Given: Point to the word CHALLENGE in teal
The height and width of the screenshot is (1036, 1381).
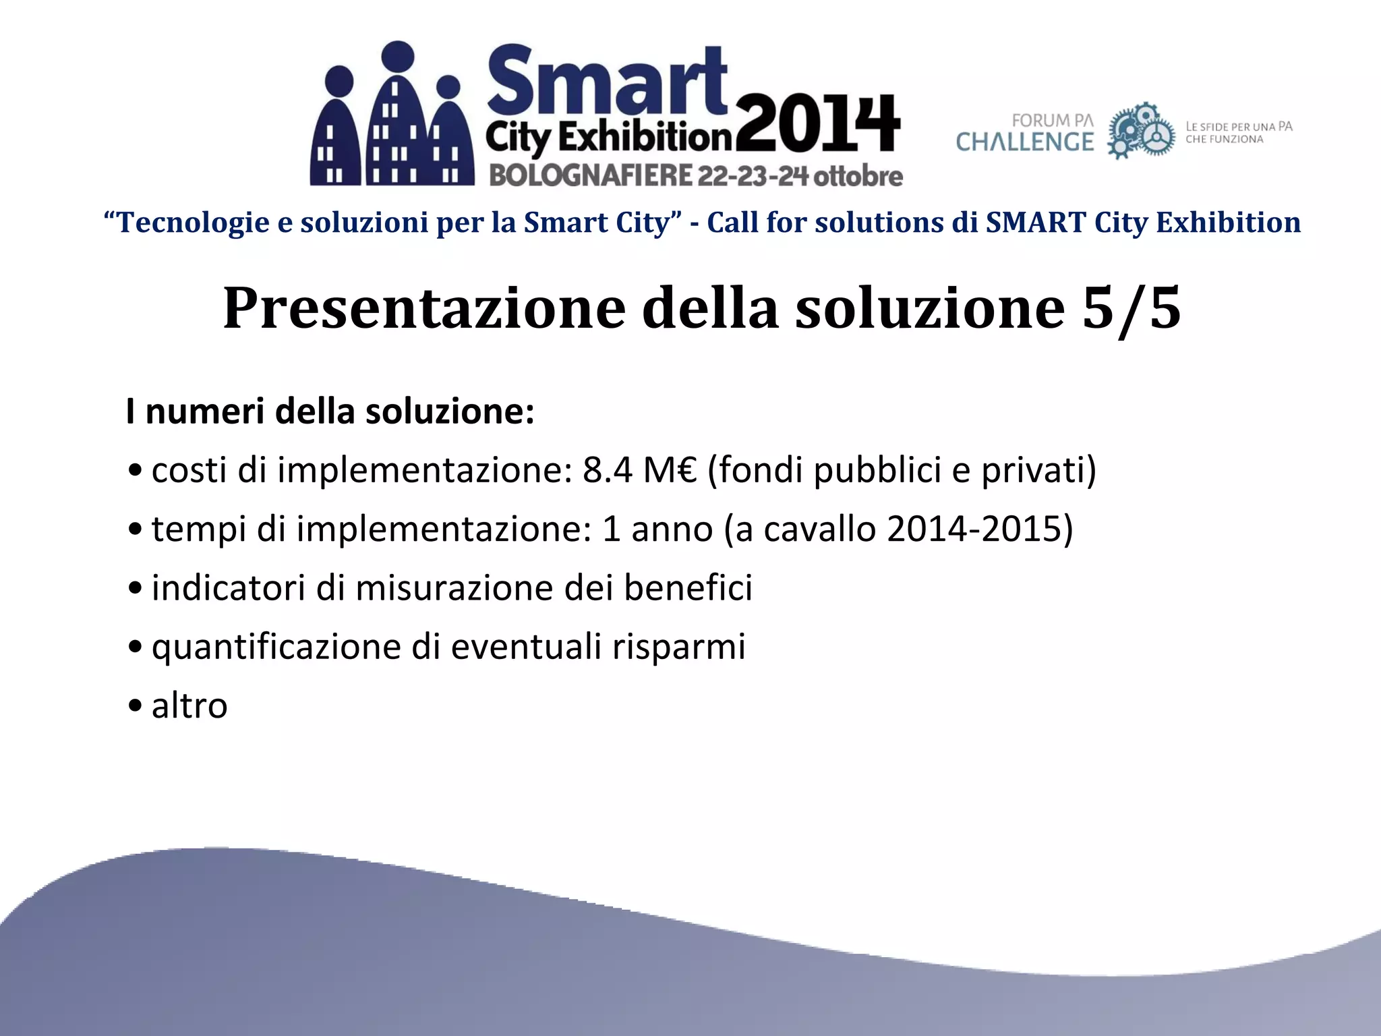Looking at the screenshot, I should [x=1024, y=142].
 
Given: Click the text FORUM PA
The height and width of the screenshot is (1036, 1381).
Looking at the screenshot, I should [x=1052, y=121].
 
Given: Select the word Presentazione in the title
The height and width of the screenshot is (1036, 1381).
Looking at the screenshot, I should [x=424, y=308].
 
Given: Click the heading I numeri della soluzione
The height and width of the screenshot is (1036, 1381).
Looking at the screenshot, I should [x=330, y=411].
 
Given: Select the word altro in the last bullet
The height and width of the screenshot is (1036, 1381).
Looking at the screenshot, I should [x=189, y=706].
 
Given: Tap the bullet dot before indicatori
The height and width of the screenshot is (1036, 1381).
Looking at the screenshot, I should [x=136, y=589].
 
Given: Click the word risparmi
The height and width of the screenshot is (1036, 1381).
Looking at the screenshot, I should [x=678, y=647].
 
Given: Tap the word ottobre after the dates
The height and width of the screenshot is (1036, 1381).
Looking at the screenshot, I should [x=858, y=176].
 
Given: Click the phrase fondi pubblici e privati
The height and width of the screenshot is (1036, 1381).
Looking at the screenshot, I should [x=902, y=470].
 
